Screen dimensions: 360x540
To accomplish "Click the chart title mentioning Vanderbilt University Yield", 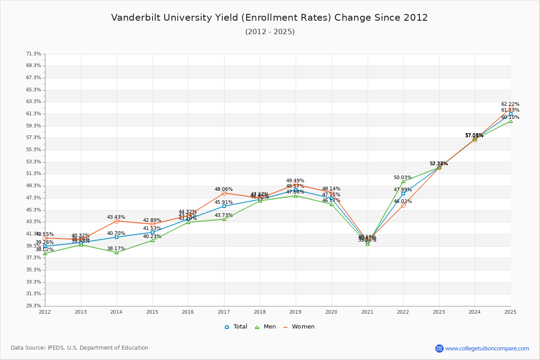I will pos(270,18).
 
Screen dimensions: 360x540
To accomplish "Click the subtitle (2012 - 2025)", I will pos(270,32).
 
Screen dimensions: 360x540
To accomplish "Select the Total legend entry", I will pos(236,327).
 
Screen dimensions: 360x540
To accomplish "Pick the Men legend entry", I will pos(265,327).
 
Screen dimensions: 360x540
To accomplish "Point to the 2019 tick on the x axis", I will pos(296,311).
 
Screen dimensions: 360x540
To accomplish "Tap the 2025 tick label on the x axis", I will pos(511,311).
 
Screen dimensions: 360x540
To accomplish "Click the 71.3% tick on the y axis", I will pos(34,54).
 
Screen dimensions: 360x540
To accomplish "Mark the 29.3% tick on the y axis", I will pos(34,306).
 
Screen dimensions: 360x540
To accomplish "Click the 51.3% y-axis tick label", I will pos(34,174).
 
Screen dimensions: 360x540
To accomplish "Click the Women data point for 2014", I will pos(117,221).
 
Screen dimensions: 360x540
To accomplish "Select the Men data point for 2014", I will pos(117,252).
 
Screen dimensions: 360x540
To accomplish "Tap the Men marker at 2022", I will pos(403,181).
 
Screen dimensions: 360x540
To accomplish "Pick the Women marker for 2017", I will pos(224,193).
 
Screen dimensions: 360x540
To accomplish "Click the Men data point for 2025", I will pos(511,121).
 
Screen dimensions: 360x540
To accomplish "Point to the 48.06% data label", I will pos(224,189).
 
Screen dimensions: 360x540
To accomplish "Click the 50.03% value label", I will pos(403,178).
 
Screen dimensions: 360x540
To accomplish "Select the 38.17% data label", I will pos(116,248).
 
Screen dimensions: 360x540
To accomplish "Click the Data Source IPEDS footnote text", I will pos(80,348).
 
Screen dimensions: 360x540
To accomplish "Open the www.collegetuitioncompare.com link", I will pos(487,348).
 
